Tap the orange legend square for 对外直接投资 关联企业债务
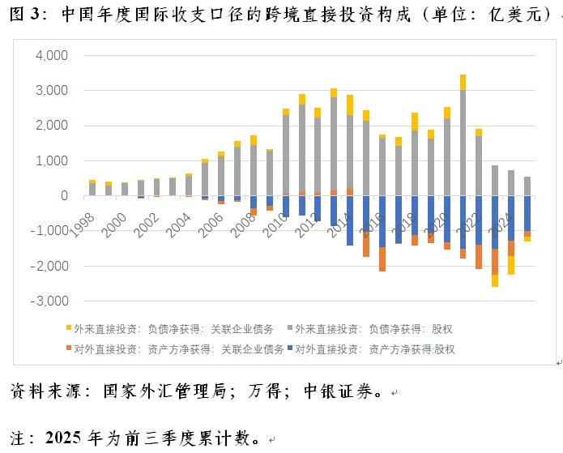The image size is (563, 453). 68,350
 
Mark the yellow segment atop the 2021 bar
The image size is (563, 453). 463,82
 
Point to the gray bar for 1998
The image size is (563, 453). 92,190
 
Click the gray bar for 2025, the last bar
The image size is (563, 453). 527,186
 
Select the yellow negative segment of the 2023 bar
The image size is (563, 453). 495,280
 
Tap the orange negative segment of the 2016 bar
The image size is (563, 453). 382,259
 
